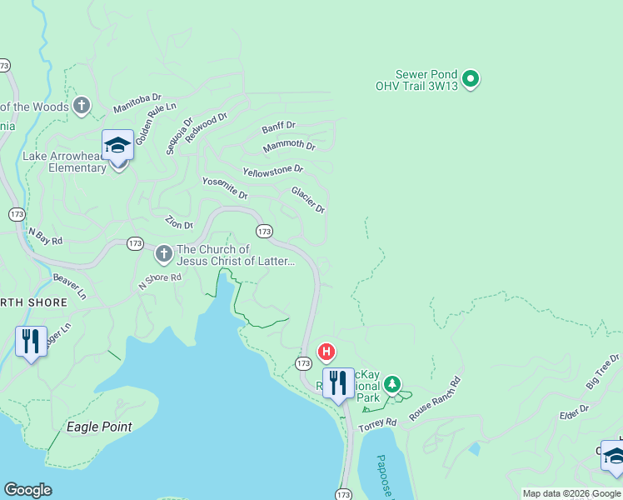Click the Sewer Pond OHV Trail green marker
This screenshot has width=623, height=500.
click(x=471, y=80)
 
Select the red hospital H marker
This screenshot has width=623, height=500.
click(x=327, y=351)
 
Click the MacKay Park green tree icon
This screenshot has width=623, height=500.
click(x=391, y=385)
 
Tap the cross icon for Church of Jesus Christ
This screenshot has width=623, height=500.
click(x=163, y=252)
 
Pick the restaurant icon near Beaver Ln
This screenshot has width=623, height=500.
click(x=31, y=342)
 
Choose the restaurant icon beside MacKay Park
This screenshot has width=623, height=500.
click(x=338, y=383)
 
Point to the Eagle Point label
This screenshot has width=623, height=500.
click(x=98, y=427)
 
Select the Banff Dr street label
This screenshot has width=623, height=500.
click(x=278, y=127)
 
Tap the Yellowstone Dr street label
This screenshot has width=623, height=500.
click(x=272, y=170)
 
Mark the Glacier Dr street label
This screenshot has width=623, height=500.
click(x=307, y=199)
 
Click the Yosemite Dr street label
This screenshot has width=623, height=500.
click(x=225, y=188)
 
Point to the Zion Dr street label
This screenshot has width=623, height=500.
click(x=179, y=222)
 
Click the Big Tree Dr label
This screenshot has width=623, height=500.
click(x=602, y=370)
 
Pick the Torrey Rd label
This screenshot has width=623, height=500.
click(x=378, y=424)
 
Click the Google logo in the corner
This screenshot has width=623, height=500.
click(x=27, y=490)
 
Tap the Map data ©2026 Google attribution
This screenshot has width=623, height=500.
click(x=571, y=493)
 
